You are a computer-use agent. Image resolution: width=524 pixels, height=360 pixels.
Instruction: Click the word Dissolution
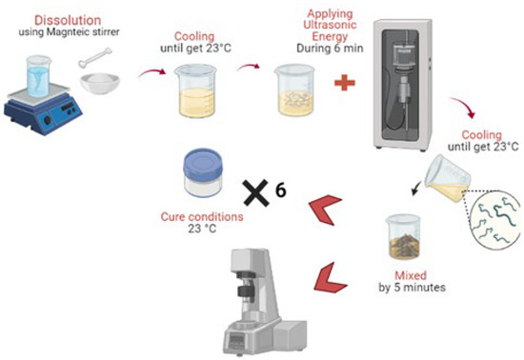click(x=68, y=20)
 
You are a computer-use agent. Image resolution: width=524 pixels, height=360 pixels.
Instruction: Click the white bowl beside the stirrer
click(x=100, y=84)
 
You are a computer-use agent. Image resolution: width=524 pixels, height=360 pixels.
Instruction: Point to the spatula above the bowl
click(x=95, y=58)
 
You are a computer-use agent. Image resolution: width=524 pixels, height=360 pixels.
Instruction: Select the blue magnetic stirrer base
click(x=43, y=111)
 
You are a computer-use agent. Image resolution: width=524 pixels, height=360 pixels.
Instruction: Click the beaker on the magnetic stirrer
click(x=38, y=76)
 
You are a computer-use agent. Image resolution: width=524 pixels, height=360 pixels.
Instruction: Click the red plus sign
click(x=345, y=83)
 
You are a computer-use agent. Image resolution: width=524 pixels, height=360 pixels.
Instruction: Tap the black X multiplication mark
click(x=256, y=192)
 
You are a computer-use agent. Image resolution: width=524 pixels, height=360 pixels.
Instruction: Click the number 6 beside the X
click(x=281, y=190)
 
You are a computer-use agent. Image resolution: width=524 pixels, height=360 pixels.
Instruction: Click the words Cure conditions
click(x=202, y=217)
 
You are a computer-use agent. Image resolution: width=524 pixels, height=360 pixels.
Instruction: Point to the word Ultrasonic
click(x=330, y=25)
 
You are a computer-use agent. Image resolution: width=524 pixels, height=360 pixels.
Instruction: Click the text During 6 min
click(x=330, y=49)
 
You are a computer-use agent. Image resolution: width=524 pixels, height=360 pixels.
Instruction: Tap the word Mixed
click(x=411, y=275)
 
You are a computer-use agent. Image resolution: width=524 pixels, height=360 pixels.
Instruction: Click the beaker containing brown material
click(x=404, y=237)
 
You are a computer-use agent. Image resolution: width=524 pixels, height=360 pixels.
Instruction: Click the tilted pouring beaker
click(x=448, y=179)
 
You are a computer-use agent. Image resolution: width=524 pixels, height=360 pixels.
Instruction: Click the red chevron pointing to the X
click(x=325, y=210)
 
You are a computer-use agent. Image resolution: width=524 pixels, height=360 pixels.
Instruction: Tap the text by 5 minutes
click(x=412, y=288)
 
